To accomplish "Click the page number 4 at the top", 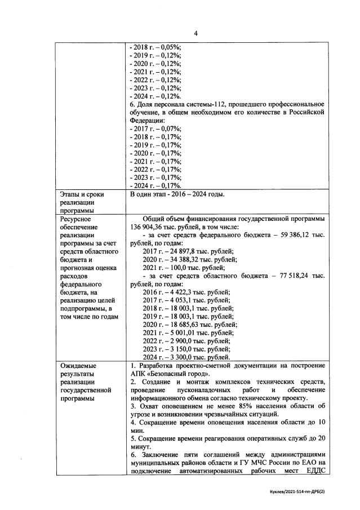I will point(195,33).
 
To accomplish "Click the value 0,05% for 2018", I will point(170,48).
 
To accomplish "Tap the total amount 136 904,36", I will point(148,227).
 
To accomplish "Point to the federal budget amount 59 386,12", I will point(297,235).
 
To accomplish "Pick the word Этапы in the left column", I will point(70,194).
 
